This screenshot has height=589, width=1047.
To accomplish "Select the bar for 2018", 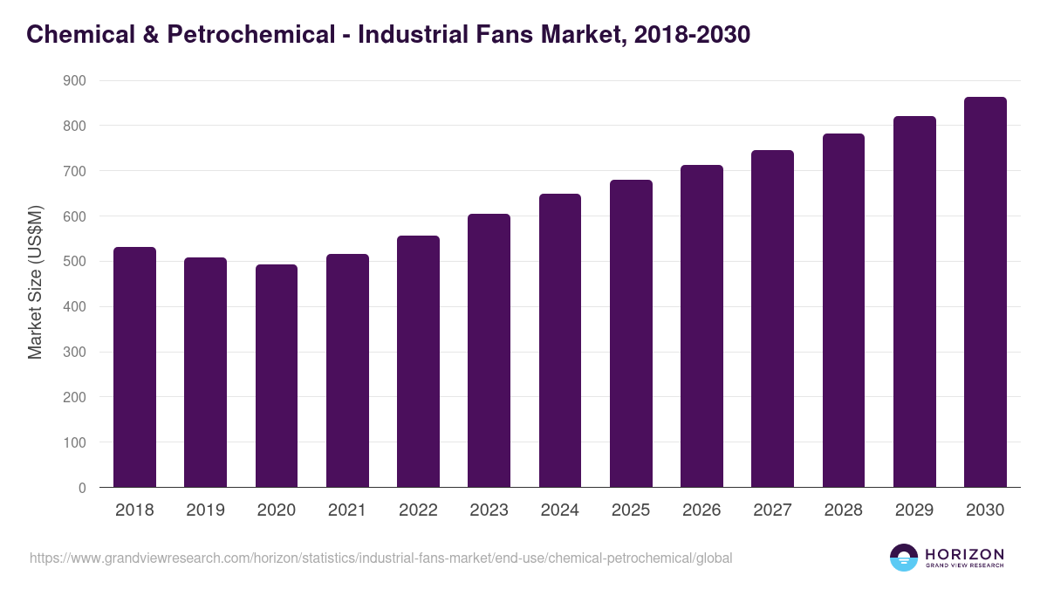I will click(x=134, y=367).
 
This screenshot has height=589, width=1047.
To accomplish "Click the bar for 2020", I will click(x=277, y=376).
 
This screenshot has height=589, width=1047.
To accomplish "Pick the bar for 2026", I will click(x=701, y=326).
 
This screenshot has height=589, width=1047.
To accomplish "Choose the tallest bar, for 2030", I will click(x=985, y=292).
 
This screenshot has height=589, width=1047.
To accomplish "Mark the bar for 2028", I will click(x=844, y=311).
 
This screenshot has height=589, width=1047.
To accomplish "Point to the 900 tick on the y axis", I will click(x=75, y=80).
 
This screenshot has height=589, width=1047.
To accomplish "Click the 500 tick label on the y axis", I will click(x=75, y=262).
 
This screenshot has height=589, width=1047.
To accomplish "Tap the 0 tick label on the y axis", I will click(x=82, y=488).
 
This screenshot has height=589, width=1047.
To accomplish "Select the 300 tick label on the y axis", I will click(x=75, y=352).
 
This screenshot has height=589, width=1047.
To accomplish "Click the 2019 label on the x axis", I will click(x=205, y=510).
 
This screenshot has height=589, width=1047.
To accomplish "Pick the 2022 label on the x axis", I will click(x=418, y=510).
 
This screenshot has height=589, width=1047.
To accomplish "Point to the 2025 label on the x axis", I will click(x=631, y=510).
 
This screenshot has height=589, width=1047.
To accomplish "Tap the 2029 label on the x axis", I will click(x=914, y=510).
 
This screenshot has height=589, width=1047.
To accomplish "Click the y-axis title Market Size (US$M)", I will click(x=35, y=281).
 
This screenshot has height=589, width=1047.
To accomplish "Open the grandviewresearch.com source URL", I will click(x=380, y=558).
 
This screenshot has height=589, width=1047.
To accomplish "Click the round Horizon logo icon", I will click(x=904, y=558).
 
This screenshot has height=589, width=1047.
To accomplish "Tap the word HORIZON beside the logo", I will click(x=964, y=553).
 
